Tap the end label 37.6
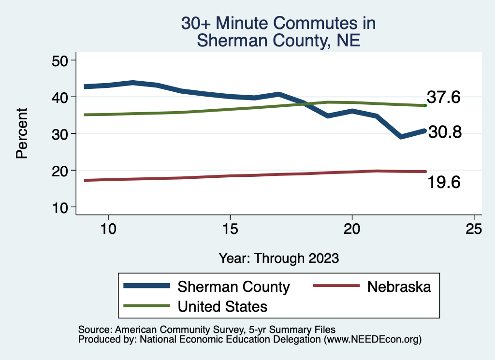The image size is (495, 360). click(x=443, y=97)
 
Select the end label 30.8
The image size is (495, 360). click(x=445, y=132)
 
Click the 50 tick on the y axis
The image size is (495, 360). click(x=61, y=60)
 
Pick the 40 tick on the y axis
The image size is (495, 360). click(x=61, y=97)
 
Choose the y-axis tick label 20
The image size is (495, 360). click(x=61, y=171)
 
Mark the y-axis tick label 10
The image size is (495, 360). click(x=61, y=207)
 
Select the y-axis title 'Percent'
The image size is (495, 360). click(x=21, y=134)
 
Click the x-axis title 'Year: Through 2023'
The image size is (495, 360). click(x=278, y=258)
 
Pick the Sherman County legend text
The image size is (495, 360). click(x=233, y=287)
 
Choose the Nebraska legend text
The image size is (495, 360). click(x=399, y=287)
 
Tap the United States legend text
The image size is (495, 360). click(x=223, y=306)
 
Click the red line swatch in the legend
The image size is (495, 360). click(x=336, y=286)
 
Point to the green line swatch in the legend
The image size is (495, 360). click(x=146, y=305)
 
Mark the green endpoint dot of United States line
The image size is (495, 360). click(x=425, y=105)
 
